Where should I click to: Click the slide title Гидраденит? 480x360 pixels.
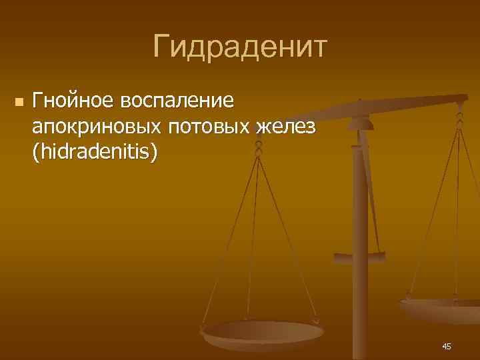pyautogui.click(x=240, y=47)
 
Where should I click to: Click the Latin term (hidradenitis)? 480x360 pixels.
pyautogui.click(x=95, y=152)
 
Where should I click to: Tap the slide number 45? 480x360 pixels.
pyautogui.click(x=447, y=346)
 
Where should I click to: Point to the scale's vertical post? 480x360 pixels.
pyautogui.click(x=360, y=267)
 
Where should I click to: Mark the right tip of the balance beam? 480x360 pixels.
pyautogui.click(x=465, y=99)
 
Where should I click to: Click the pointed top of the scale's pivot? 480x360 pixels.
pyautogui.click(x=360, y=102)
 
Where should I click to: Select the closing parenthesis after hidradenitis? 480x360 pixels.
pyautogui.click(x=155, y=153)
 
